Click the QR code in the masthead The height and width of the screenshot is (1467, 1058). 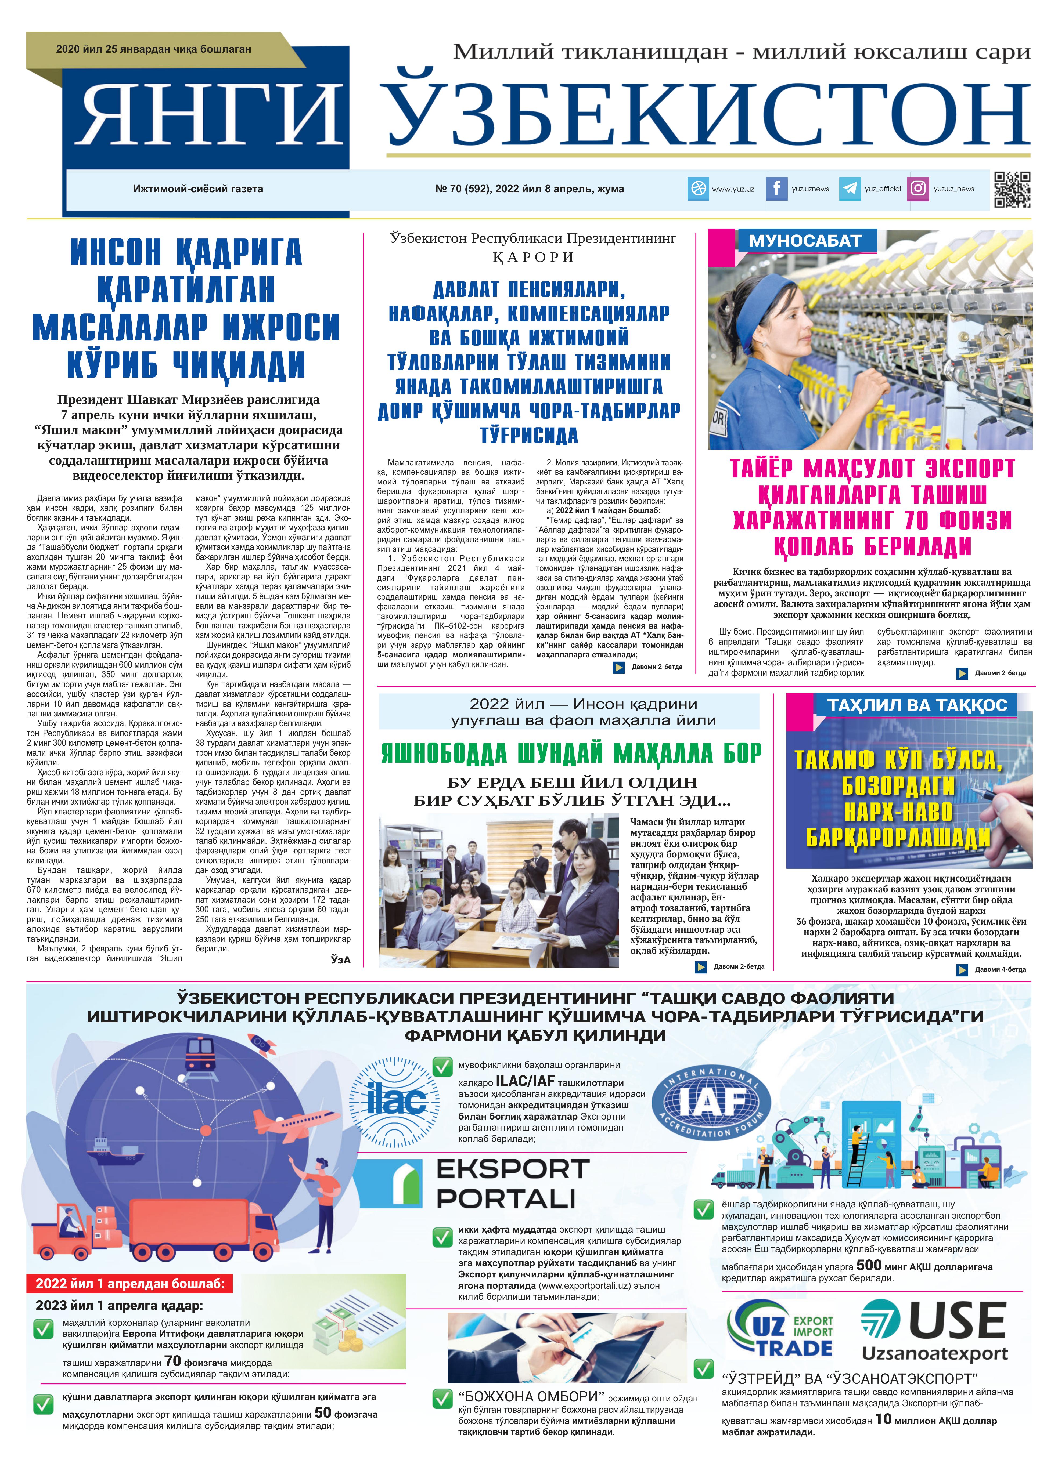point(1012,190)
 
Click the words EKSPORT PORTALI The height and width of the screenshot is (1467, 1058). point(511,1184)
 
